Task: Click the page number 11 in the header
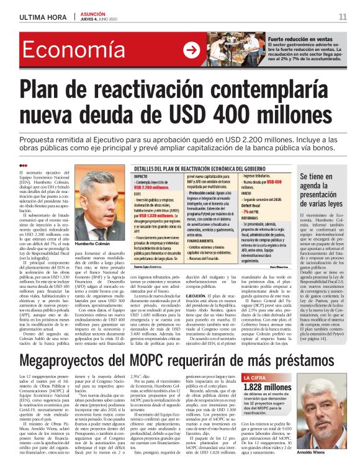(x=343, y=16)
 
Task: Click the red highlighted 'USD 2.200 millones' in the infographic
(x=153, y=187)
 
